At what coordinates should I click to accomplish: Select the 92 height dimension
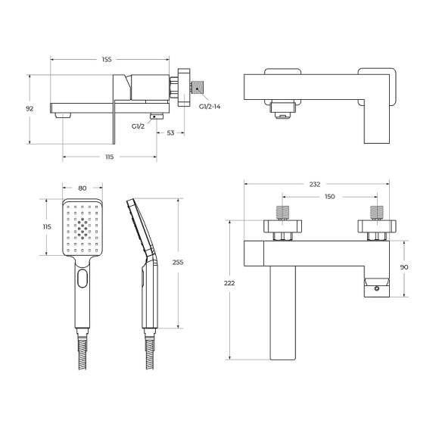tap(30, 108)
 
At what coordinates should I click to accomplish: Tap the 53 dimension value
tap(171, 132)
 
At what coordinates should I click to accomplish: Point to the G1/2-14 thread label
tap(210, 107)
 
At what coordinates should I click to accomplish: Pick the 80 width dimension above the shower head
tap(82, 189)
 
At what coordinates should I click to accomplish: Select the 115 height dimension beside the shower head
tap(47, 226)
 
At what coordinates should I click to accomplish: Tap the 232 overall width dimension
tap(315, 184)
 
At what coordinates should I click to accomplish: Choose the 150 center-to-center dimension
tap(329, 197)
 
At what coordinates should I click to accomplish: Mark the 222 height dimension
tap(230, 283)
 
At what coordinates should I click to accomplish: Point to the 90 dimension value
tap(405, 266)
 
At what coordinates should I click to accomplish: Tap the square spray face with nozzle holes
tap(82, 227)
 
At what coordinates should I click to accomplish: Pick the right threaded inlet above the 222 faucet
tap(376, 212)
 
